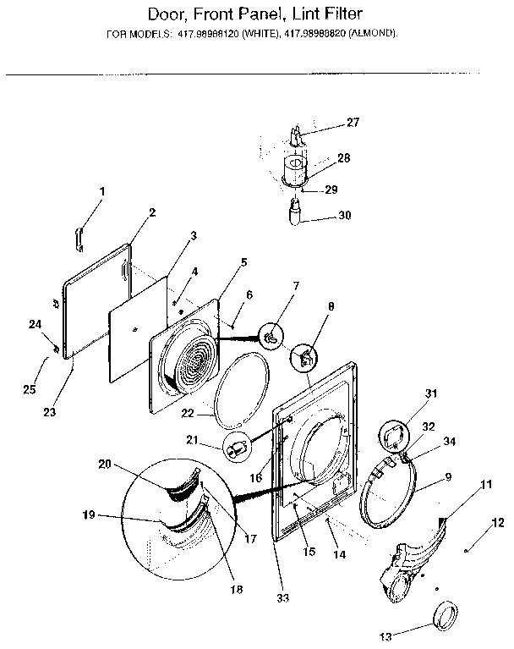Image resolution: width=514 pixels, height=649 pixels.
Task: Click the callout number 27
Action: (x=353, y=123)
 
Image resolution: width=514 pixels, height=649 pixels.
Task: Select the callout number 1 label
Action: (x=102, y=192)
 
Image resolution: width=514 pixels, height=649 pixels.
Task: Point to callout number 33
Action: (x=282, y=598)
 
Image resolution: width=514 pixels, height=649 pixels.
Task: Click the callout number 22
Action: (x=188, y=412)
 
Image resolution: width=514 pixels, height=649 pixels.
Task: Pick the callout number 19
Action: (x=89, y=515)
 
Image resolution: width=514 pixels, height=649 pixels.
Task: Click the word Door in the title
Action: (x=168, y=15)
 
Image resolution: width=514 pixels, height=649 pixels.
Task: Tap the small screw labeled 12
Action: (x=465, y=551)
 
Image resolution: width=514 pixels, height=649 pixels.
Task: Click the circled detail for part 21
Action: (x=237, y=446)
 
